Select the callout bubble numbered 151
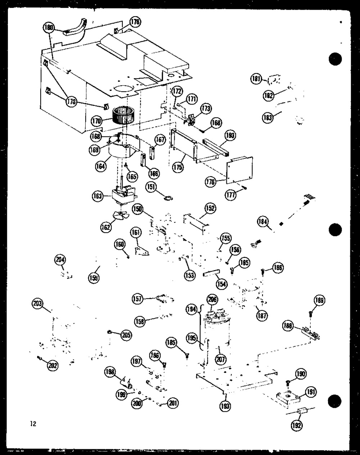coord(151,186)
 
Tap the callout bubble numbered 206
coord(213,299)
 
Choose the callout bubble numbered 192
coord(297,425)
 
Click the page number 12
coord(33,424)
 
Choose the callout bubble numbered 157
coord(138,299)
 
